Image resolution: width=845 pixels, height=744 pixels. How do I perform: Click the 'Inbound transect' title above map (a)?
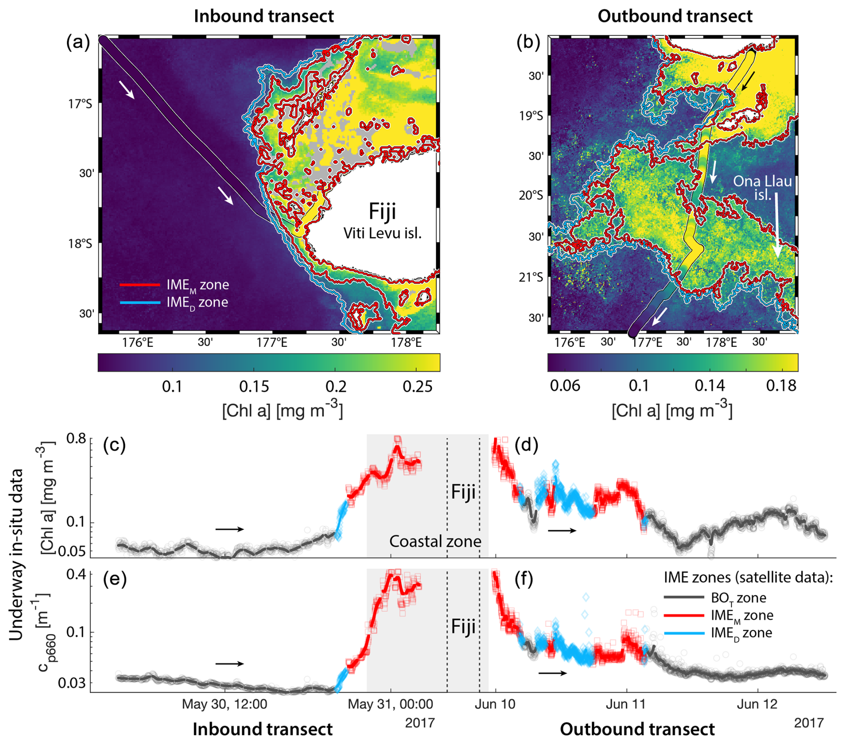click(264, 16)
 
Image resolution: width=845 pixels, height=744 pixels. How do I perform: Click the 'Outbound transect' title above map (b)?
click(675, 16)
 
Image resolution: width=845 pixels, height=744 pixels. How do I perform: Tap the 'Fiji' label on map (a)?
click(382, 211)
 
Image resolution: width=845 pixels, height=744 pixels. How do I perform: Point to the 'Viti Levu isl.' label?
click(382, 233)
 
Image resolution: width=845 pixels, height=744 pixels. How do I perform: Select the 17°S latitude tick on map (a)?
click(80, 104)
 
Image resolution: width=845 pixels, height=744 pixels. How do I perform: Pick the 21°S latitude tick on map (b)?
click(531, 277)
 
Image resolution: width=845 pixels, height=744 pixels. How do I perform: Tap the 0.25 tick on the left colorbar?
click(417, 387)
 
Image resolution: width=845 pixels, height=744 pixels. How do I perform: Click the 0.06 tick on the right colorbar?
click(565, 386)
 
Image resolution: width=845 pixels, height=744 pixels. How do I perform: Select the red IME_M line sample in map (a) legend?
click(140, 284)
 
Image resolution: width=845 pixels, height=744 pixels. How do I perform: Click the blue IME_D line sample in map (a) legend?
click(140, 303)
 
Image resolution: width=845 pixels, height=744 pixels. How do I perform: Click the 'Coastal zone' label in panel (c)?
click(435, 541)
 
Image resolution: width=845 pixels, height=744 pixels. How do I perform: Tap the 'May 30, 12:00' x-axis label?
click(224, 704)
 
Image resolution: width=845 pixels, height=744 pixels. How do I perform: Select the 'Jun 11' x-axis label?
click(627, 704)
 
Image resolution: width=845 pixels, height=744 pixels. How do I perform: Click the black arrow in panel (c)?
click(230, 529)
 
